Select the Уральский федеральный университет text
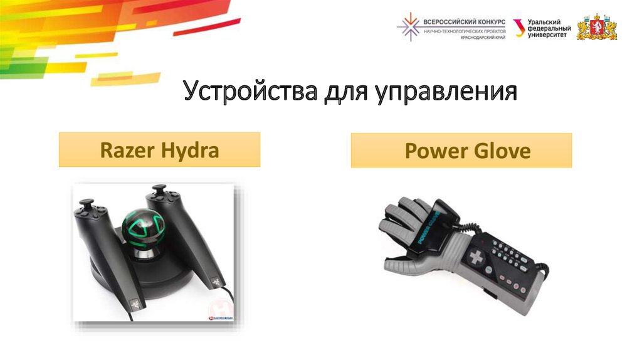(x=549, y=29)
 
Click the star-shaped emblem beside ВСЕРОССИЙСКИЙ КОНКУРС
(x=409, y=27)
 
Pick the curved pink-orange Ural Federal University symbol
(x=519, y=28)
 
